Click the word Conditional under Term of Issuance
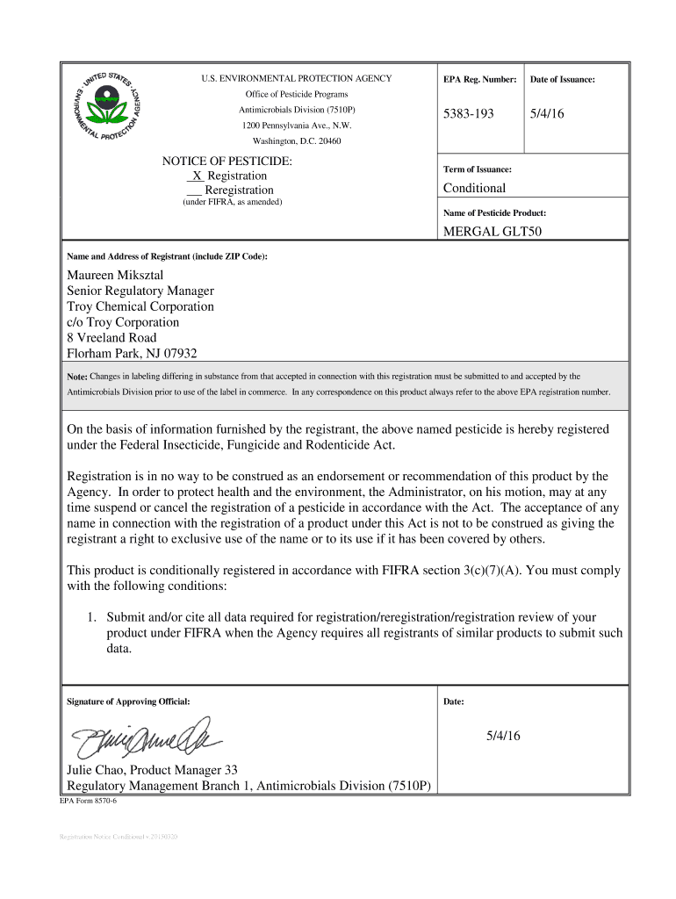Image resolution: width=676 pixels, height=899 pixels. (475, 188)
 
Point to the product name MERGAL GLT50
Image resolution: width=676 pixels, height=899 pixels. (492, 233)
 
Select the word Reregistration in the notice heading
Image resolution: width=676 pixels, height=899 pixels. (239, 190)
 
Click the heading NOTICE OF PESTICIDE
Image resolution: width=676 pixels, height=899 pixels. (227, 162)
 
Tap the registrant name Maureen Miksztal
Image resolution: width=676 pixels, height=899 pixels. (116, 275)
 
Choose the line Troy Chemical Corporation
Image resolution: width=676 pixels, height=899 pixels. (140, 306)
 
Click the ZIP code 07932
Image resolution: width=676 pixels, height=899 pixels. (177, 354)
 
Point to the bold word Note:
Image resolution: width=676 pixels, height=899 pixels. (77, 377)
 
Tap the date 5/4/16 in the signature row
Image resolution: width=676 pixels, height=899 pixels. (503, 736)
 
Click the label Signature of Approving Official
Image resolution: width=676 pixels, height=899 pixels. (128, 701)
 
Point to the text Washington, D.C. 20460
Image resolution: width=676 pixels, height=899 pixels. (297, 140)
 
